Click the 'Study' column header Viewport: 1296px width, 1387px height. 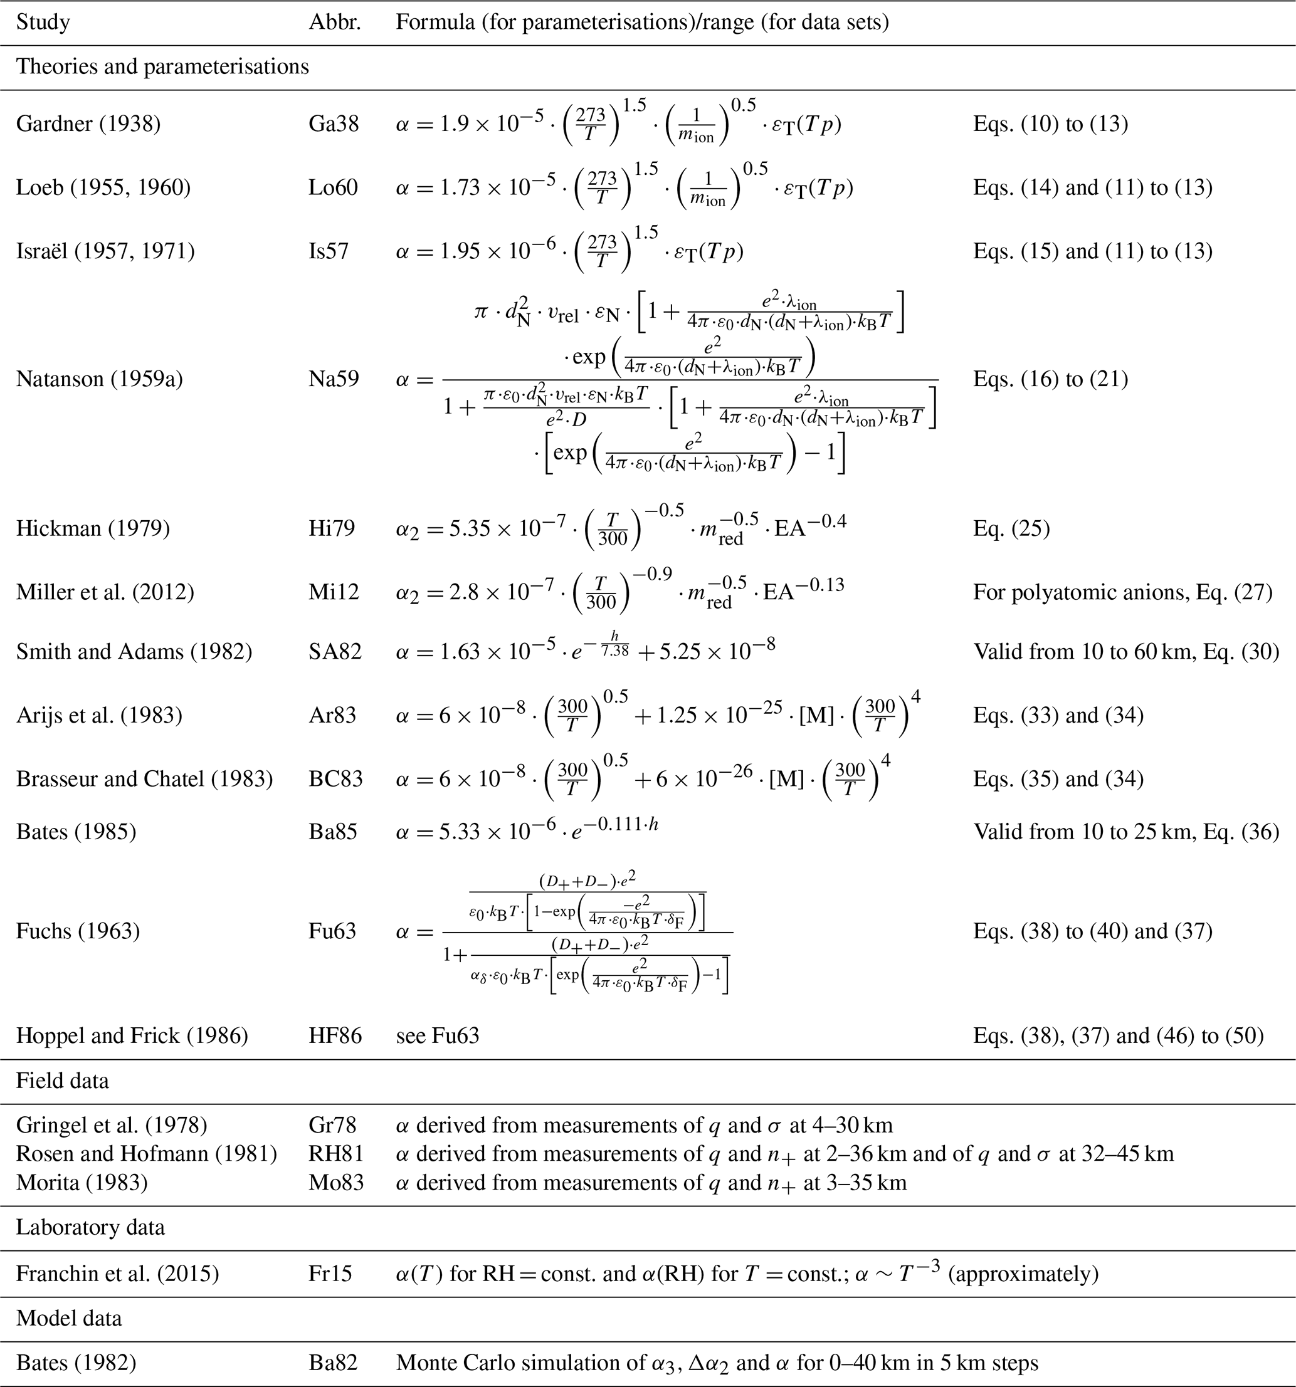click(x=43, y=23)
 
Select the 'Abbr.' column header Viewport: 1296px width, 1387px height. click(x=335, y=23)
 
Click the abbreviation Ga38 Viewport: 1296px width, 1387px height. click(x=334, y=124)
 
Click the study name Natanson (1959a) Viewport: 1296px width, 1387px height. click(x=99, y=379)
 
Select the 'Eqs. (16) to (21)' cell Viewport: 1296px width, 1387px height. click(x=1050, y=379)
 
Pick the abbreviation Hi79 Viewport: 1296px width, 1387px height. click(x=332, y=528)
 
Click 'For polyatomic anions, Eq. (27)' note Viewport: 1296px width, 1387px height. click(x=1122, y=592)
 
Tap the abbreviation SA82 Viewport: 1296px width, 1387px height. click(x=335, y=651)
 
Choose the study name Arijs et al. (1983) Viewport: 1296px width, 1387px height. click(x=99, y=715)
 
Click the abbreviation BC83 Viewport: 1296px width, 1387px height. click(x=335, y=778)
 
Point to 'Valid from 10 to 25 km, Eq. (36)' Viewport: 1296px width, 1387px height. click(x=1125, y=832)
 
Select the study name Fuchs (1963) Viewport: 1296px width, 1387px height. click(x=78, y=931)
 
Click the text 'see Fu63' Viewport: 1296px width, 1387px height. click(x=438, y=1035)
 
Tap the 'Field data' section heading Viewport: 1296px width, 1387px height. click(x=63, y=1081)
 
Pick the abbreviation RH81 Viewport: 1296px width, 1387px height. click(x=335, y=1153)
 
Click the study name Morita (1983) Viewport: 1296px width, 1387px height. click(x=82, y=1182)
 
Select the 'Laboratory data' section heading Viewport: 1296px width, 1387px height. click(x=91, y=1227)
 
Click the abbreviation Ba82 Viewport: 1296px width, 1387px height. click(x=333, y=1363)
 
